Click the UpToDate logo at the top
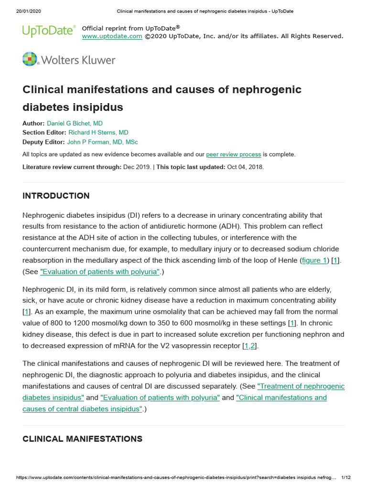coord(49,31)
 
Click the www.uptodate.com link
coord(112,36)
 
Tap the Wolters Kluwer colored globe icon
coord(30,59)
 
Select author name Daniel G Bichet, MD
coord(75,123)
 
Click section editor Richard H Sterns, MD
coord(98,132)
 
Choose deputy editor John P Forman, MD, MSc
coord(102,142)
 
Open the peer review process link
coord(233,154)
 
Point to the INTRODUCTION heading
coord(56,196)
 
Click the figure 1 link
coord(314,260)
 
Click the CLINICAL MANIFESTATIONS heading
coord(82,439)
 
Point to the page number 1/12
coord(346,478)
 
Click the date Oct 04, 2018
coord(245,167)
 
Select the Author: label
coord(33,123)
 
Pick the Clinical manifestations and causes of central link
coord(281,397)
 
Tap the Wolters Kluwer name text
coord(78,60)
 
